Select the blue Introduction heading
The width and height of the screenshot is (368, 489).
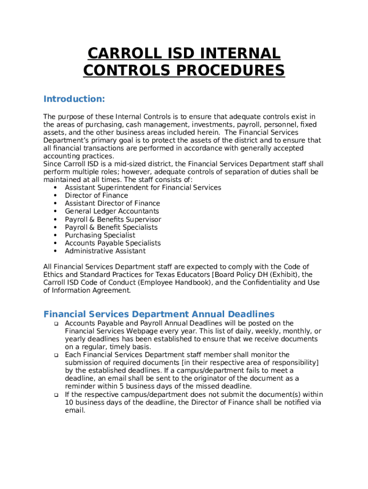(x=74, y=99)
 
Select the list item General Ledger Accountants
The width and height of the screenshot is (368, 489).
(x=112, y=211)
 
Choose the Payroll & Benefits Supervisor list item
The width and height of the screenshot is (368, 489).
(x=113, y=219)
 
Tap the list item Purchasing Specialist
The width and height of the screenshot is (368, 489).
(x=100, y=235)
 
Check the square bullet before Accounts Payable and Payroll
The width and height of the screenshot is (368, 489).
(x=55, y=324)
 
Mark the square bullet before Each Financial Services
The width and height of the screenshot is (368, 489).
(x=55, y=355)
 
